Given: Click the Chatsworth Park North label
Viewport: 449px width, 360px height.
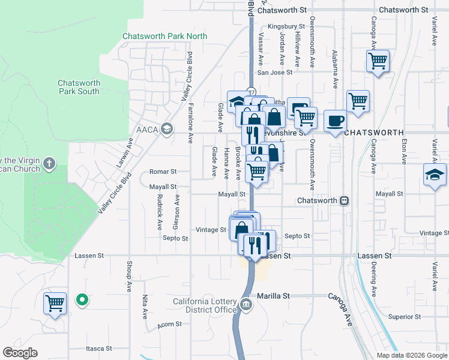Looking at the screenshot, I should pyautogui.click(x=164, y=36).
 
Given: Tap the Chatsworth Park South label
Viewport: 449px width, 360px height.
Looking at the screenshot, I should pyautogui.click(x=79, y=87).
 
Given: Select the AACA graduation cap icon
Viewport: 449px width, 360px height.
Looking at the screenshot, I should pyautogui.click(x=166, y=128).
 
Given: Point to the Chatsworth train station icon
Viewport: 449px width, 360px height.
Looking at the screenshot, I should pyautogui.click(x=345, y=200).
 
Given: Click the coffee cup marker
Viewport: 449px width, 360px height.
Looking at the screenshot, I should pyautogui.click(x=335, y=121).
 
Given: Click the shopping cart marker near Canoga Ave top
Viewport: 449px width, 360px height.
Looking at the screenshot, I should pyautogui.click(x=378, y=61).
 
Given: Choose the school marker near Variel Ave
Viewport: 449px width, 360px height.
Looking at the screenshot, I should pyautogui.click(x=435, y=175).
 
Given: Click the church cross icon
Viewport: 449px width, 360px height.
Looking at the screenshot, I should pyautogui.click(x=49, y=163).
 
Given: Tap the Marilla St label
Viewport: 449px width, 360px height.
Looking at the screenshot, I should pyautogui.click(x=273, y=296).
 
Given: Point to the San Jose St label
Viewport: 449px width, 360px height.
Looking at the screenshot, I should pyautogui.click(x=274, y=73).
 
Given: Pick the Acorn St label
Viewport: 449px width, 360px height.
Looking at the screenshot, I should pyautogui.click(x=170, y=324).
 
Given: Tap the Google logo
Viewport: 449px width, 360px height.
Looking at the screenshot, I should pyautogui.click(x=20, y=353).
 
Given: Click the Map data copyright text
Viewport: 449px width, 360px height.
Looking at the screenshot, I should pyautogui.click(x=412, y=355).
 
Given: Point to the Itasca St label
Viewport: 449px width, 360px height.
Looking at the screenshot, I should pyautogui.click(x=99, y=348).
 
